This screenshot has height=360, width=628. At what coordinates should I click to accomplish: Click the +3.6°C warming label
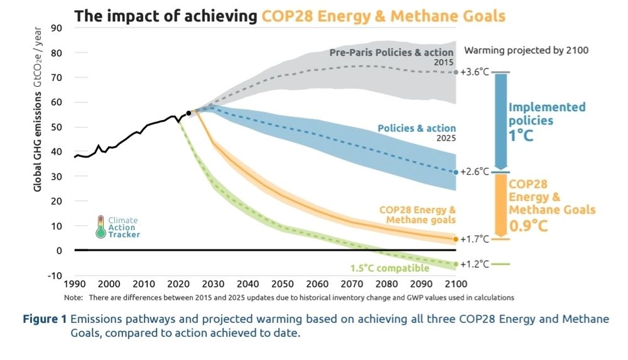pos(475,72)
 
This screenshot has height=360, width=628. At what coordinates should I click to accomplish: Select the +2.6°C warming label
pos(475,172)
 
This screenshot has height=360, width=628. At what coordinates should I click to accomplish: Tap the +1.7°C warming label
pos(475,239)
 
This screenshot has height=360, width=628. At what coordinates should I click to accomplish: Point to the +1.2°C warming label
pos(475,264)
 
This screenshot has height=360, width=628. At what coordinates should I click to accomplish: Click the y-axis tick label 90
pos(57,28)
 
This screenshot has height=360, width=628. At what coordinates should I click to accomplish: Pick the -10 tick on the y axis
pos(55,275)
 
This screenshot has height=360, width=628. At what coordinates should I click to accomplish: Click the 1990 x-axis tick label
pos(75,284)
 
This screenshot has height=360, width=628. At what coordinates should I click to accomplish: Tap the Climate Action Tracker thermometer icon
pos(100,227)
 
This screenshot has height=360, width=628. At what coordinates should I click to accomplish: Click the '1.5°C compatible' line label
pos(390,269)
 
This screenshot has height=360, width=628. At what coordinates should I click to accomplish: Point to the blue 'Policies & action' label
pos(416,128)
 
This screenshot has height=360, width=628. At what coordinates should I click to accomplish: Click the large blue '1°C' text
pos(521,134)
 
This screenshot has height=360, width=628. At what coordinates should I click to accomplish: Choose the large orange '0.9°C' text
pos(528,224)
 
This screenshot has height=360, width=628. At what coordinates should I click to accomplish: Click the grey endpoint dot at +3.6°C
pos(455,72)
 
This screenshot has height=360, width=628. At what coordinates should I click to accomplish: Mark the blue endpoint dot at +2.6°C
pos(455,172)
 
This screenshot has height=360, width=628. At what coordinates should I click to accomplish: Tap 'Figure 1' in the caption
pos(45,319)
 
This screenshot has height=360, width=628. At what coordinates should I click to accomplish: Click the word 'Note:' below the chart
pos(74,297)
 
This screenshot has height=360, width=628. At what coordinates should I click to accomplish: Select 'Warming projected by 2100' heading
pos(526,50)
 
